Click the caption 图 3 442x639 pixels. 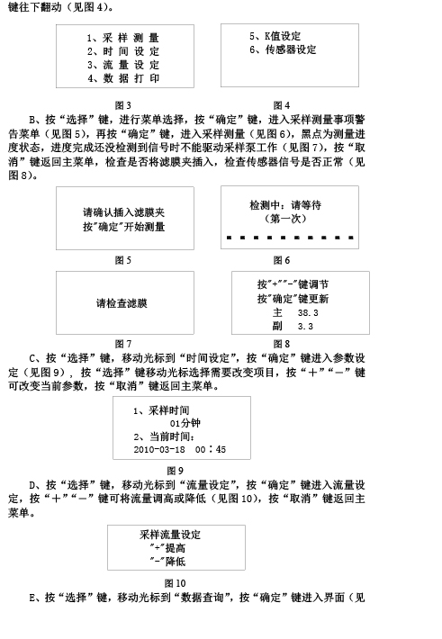point(122,105)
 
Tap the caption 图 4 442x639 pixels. point(282,105)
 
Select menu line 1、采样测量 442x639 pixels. point(122,38)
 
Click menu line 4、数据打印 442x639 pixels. point(123,78)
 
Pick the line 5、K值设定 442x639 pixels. point(275,36)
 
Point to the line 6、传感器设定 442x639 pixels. point(283,49)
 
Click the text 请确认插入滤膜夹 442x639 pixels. point(124,212)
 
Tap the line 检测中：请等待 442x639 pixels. point(285,205)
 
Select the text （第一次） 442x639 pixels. point(285,219)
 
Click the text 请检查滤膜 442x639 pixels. point(122,303)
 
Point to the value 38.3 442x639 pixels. point(308,313)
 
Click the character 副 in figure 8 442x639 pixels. point(277,326)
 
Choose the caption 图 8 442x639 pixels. point(282,344)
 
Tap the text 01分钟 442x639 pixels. point(185,423)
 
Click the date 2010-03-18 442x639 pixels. point(159,449)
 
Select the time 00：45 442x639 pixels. point(211,449)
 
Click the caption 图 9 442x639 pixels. point(175,471)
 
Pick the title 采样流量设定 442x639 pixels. point(170,535)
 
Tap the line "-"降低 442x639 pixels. point(167,562)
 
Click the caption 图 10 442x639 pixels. point(175,583)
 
